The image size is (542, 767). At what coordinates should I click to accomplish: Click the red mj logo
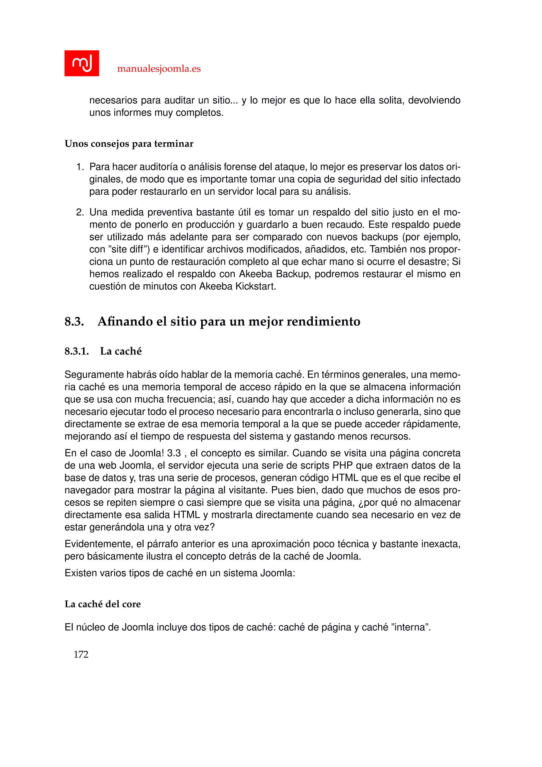click(x=82, y=63)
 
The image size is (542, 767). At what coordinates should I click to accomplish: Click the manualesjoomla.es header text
click(x=159, y=69)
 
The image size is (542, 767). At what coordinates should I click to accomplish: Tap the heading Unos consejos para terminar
click(x=129, y=144)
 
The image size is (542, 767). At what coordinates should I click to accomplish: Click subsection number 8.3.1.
click(x=76, y=351)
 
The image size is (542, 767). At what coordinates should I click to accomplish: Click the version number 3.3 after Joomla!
click(x=174, y=453)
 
